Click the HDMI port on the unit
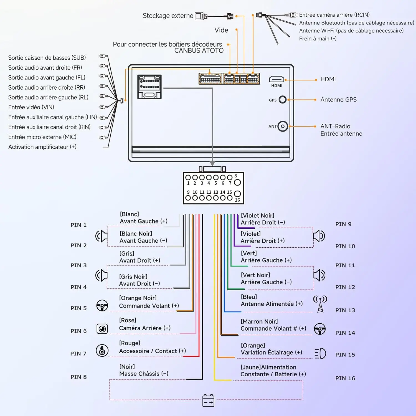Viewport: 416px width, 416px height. pos(277,79)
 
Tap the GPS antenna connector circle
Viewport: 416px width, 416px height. pos(283,100)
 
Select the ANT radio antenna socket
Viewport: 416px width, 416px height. pos(283,126)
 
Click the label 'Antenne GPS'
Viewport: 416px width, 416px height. pos(339,100)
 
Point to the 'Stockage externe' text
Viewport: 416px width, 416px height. pos(168,16)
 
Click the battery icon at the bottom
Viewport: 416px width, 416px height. pos(208,400)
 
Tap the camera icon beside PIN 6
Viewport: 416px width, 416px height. pos(102,329)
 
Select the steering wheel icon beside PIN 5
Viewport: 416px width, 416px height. pos(102,306)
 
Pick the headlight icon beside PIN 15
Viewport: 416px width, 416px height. pos(320,353)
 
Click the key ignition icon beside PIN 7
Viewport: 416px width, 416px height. pos(102,351)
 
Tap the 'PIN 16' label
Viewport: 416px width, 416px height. pos(345,378)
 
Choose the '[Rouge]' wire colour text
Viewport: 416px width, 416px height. pos(130,343)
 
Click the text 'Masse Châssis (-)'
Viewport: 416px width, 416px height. pos(144,374)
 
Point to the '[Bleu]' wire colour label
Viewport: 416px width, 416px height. pos(249,297)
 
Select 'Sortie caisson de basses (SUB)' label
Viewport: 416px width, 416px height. pos(47,58)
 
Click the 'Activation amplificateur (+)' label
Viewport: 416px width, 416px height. pos(42,147)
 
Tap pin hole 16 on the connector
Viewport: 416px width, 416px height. pos(237,194)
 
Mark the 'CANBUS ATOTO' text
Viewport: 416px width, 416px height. pos(199,51)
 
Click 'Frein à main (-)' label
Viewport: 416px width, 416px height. pos(318,39)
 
